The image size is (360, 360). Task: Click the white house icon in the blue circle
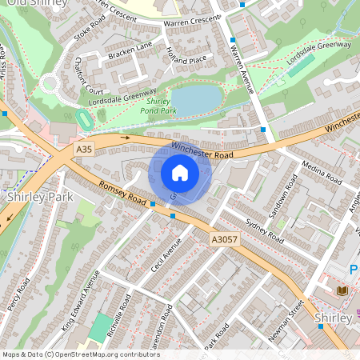tap(180, 173)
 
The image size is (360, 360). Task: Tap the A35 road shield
tap(83, 149)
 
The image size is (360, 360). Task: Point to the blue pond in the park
tap(196, 100)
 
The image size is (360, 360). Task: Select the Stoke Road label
tap(89, 31)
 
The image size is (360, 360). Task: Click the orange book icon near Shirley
tap(342, 290)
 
